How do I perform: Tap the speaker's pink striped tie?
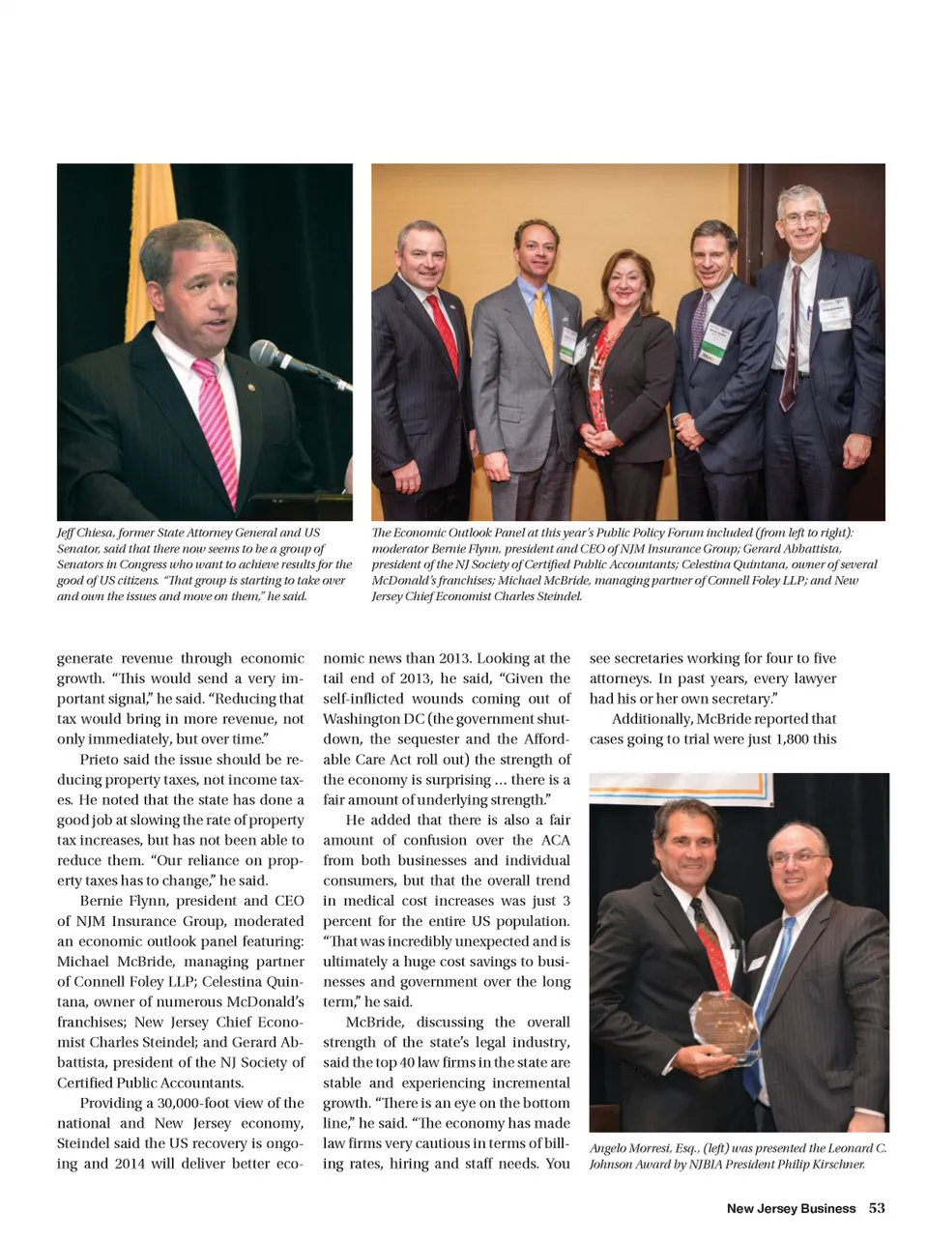(x=217, y=425)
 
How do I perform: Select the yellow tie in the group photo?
(x=543, y=329)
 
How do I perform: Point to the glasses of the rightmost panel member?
(x=801, y=217)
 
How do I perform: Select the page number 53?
(x=877, y=1208)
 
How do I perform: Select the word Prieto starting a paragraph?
(x=100, y=760)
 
